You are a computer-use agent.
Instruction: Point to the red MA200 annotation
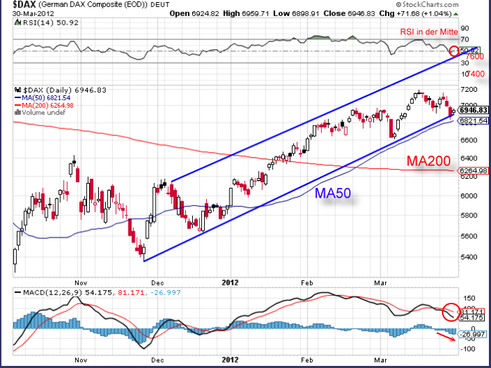pyautogui.click(x=430, y=162)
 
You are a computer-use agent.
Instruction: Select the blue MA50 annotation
pyautogui.click(x=334, y=193)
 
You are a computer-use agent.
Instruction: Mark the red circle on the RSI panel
pyautogui.click(x=455, y=50)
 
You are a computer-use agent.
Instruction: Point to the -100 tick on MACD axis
pyautogui.click(x=467, y=348)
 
